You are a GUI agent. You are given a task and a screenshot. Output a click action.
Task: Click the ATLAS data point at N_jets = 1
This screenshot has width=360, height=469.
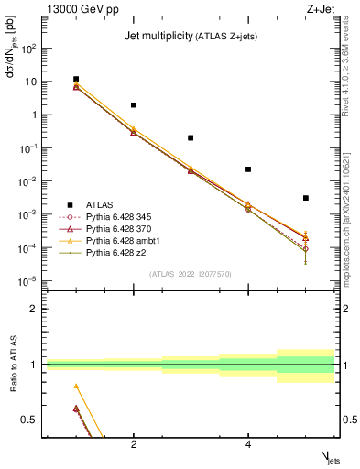[x=76, y=80]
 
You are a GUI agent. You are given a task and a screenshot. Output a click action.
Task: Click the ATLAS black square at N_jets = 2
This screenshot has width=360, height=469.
[x=134, y=105]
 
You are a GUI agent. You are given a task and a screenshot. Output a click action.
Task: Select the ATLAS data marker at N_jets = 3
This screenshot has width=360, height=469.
[x=191, y=137]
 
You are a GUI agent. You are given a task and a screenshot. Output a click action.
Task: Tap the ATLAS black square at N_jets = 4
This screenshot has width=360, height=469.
[x=248, y=169]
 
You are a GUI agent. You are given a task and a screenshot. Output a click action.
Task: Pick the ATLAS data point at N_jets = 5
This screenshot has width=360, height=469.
[x=306, y=198]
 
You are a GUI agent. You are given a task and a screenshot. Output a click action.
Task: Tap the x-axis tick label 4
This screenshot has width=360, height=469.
[x=248, y=445]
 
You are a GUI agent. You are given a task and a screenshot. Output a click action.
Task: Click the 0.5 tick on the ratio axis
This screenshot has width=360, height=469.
[x=32, y=420]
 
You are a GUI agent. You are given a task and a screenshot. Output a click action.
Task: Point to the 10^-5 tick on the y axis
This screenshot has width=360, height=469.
[x=28, y=281]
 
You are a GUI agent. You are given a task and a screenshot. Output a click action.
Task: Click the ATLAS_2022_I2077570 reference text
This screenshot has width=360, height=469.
[x=190, y=273]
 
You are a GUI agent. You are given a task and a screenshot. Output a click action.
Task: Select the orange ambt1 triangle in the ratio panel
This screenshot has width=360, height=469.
[x=76, y=386]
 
